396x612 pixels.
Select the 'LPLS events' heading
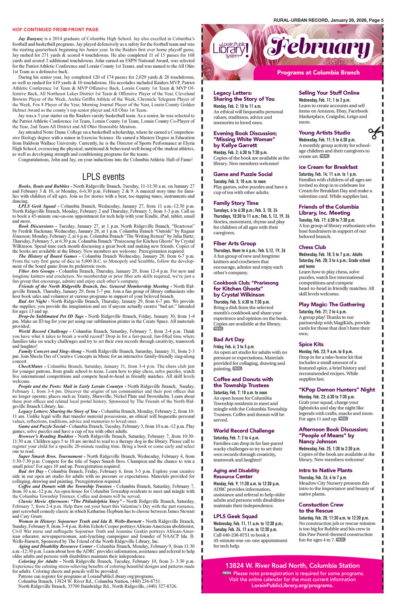103,177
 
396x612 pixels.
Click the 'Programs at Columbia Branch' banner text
318,72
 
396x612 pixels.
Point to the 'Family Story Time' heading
236,203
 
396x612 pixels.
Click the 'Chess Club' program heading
312,247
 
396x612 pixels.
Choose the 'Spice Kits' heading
311,344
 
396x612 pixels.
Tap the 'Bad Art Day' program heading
229,339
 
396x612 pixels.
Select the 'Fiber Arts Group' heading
235,243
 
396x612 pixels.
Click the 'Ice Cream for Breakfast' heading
328,167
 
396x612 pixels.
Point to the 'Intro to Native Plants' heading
325,470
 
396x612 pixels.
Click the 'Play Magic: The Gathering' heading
331,304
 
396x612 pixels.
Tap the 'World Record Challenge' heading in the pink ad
244,431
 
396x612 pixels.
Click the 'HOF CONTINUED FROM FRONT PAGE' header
55,30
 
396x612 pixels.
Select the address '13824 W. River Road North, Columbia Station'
292,566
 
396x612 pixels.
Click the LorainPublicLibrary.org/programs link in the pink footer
292,585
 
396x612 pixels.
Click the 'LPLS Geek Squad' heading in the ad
235,516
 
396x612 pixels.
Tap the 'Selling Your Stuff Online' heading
329,93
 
